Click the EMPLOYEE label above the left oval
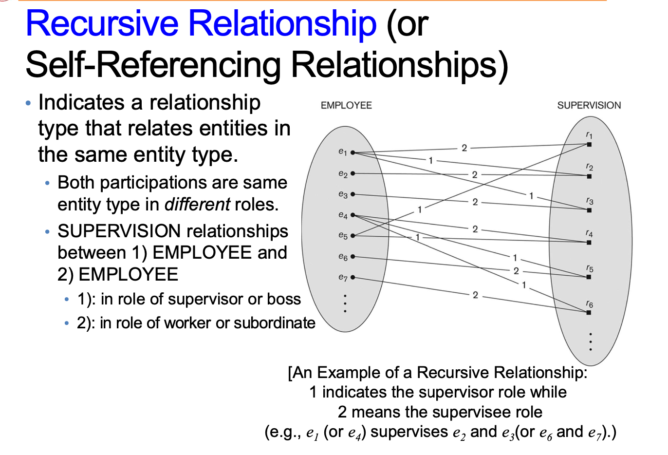click(346, 105)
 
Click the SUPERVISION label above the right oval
click(589, 105)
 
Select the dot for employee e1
click(353, 153)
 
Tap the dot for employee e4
click(353, 215)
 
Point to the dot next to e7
click(353, 278)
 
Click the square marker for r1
click(589, 145)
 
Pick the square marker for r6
click(589, 312)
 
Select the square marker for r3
click(589, 210)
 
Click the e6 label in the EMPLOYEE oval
click(343, 257)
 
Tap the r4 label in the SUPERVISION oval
click(589, 234)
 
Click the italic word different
click(197, 204)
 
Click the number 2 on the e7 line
click(475, 295)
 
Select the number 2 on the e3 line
click(475, 202)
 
